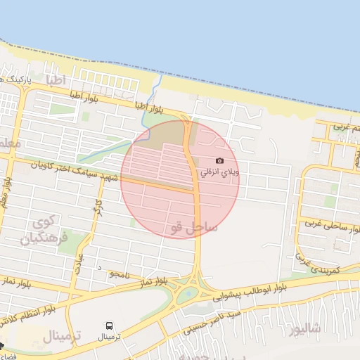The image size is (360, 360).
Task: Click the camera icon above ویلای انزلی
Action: [x=220, y=161]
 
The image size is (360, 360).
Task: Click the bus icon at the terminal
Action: [x=109, y=326]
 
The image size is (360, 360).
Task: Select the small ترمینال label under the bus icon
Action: [x=109, y=337]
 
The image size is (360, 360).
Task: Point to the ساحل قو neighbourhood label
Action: [x=193, y=226]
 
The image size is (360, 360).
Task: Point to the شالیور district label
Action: [x=308, y=328]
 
